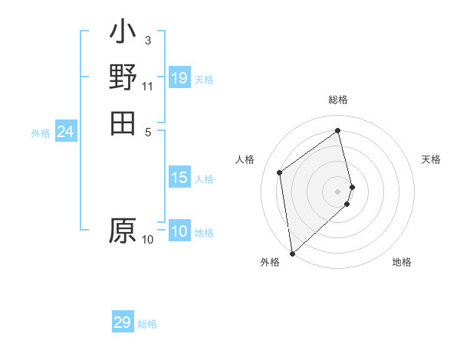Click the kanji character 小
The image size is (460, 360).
[123, 33]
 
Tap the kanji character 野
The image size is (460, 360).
[123, 77]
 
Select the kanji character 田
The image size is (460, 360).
[123, 123]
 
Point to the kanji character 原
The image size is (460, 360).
[123, 231]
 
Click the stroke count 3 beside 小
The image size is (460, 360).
[147, 40]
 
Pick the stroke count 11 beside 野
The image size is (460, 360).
[147, 85]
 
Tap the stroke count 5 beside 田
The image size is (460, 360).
[147, 131]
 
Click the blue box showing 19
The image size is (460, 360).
[179, 78]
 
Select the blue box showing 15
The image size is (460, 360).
[179, 178]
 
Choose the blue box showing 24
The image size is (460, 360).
[65, 133]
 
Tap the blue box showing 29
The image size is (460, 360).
[123, 322]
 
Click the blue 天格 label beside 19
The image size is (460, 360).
[204, 79]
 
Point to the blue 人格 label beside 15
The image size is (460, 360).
[204, 179]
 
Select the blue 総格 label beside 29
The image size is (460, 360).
[147, 324]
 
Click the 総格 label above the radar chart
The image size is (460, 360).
[338, 100]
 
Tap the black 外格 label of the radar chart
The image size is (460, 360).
[270, 262]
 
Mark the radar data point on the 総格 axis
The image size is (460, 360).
[338, 130]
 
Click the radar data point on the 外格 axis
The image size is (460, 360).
[292, 253]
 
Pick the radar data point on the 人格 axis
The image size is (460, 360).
[280, 172]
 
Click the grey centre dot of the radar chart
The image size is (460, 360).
[338, 191]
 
